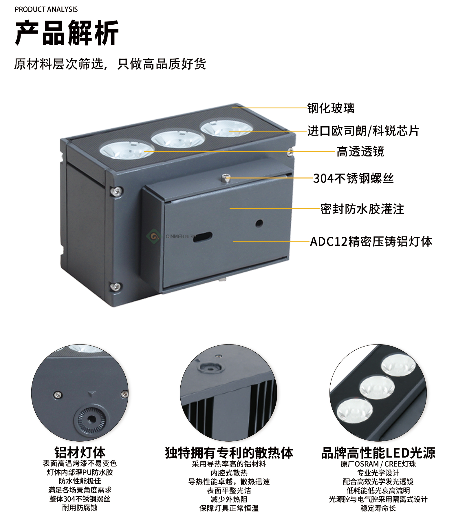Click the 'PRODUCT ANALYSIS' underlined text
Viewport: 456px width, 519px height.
click(x=46, y=10)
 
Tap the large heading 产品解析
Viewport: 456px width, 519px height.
click(x=67, y=33)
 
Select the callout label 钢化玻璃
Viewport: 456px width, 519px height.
click(x=331, y=108)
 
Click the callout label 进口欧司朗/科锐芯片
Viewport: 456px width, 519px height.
click(x=363, y=131)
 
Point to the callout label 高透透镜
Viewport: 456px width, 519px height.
click(x=360, y=151)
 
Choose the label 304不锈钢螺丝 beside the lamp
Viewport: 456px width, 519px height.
click(x=354, y=178)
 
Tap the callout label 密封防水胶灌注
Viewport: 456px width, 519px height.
click(x=362, y=209)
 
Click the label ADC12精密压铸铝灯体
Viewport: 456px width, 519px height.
click(x=371, y=241)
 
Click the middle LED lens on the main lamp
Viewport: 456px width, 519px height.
click(x=178, y=139)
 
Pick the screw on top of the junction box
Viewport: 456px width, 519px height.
click(x=226, y=178)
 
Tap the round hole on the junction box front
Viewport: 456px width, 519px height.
click(x=259, y=223)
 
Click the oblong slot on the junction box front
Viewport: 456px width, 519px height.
click(x=202, y=237)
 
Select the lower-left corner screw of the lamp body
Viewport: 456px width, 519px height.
click(x=116, y=286)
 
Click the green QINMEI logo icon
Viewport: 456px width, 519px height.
click(x=153, y=236)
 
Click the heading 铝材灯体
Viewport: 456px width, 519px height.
click(x=80, y=452)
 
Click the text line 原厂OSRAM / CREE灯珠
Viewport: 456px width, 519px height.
click(x=378, y=464)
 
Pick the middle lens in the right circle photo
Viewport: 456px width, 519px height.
click(x=377, y=387)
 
